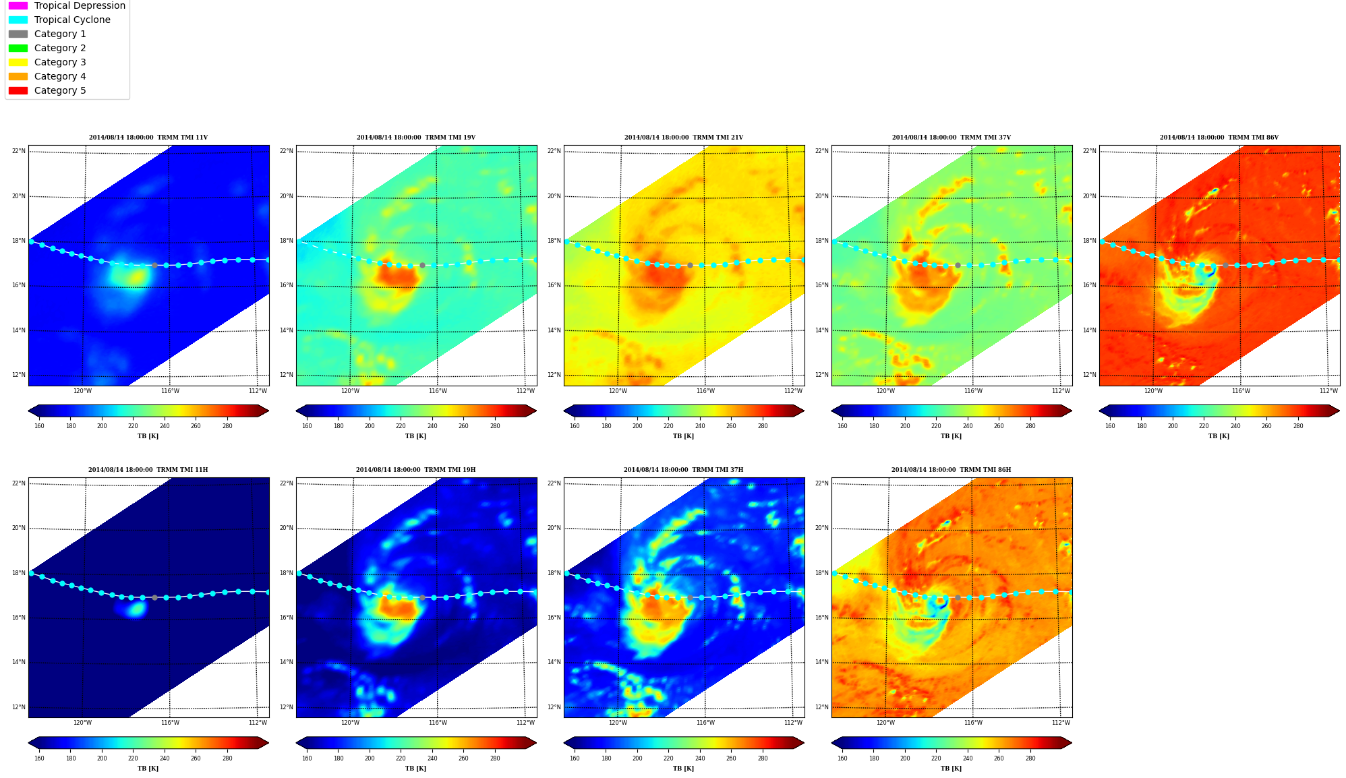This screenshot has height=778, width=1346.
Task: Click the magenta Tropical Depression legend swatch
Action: tap(18, 5)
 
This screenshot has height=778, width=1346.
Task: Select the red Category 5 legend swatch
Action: tap(18, 90)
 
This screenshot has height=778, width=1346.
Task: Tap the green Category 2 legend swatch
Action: tap(18, 48)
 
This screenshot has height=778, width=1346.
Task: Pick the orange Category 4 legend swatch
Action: tap(18, 76)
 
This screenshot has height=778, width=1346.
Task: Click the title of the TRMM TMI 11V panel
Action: tap(148, 138)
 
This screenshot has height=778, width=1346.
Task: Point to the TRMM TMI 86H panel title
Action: tap(951, 470)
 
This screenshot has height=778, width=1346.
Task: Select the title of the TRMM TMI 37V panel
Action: tap(951, 138)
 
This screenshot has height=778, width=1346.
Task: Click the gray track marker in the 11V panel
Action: tap(154, 266)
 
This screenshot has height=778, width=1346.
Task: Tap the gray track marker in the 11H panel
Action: tap(154, 598)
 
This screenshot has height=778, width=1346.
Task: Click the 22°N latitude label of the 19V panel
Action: tap(287, 151)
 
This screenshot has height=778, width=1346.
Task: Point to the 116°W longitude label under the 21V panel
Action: tap(705, 391)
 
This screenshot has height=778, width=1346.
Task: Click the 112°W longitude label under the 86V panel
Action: tap(1328, 391)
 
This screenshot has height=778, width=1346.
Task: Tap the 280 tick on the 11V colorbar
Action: tap(227, 426)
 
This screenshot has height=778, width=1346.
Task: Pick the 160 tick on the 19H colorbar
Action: tap(307, 758)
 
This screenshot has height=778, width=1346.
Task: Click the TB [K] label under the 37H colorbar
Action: tap(683, 769)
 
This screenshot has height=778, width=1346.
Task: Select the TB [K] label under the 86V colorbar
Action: tap(1219, 436)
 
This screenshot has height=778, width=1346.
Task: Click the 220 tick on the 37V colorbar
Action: tap(936, 426)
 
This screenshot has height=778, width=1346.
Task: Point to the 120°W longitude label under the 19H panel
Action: tap(350, 723)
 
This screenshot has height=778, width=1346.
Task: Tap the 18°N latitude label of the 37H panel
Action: tap(554, 573)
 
